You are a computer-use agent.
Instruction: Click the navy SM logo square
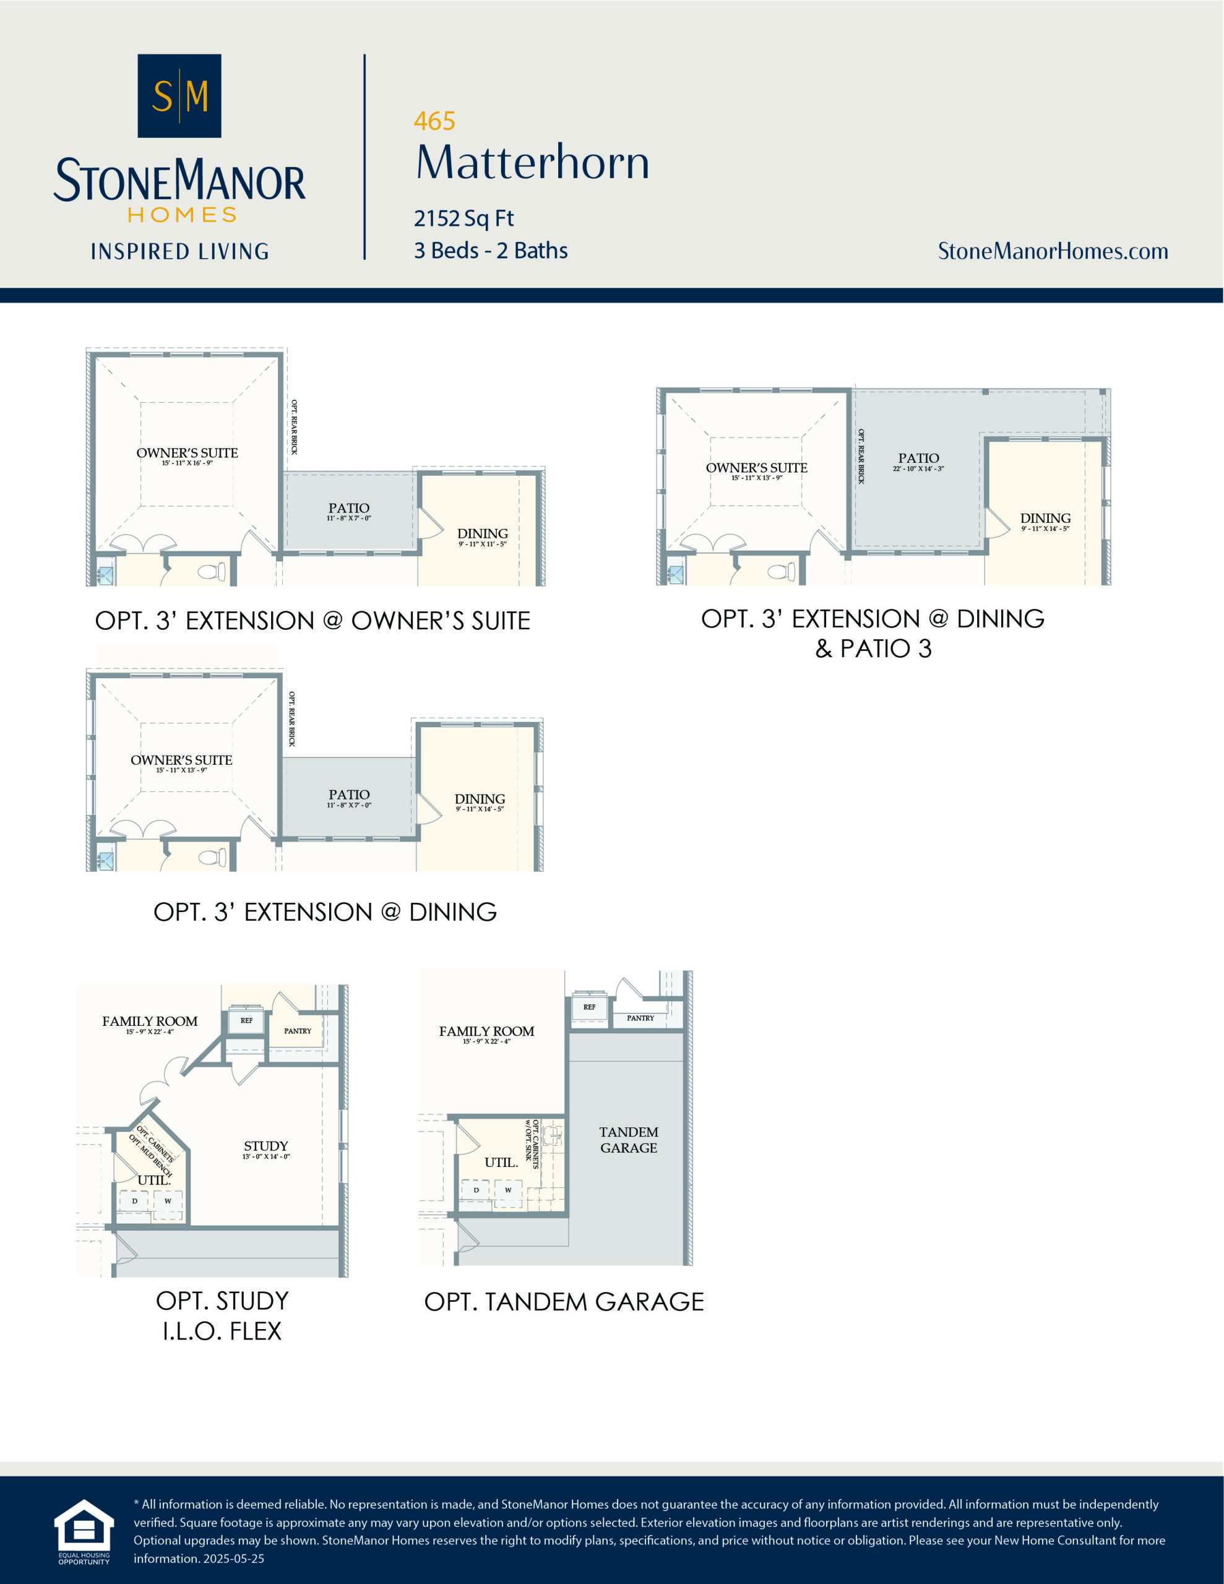[179, 96]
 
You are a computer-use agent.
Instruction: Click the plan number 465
[434, 121]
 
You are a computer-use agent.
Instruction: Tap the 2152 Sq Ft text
[463, 218]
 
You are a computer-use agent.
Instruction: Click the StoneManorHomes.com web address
[1052, 251]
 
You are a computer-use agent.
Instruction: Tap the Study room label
[265, 1146]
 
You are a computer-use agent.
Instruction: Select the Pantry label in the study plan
[298, 1031]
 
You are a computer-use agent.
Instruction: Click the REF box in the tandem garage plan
[589, 1007]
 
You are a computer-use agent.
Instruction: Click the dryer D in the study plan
[134, 1201]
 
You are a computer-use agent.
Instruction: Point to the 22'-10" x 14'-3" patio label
[918, 468]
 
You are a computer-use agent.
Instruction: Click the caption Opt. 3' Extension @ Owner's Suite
[312, 621]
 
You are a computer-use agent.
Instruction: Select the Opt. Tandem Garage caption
[564, 1302]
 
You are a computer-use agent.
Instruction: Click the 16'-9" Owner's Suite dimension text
[187, 463]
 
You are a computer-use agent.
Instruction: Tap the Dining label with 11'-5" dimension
[482, 533]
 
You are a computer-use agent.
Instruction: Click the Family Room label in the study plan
[150, 1021]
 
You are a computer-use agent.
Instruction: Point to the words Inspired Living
[179, 252]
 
